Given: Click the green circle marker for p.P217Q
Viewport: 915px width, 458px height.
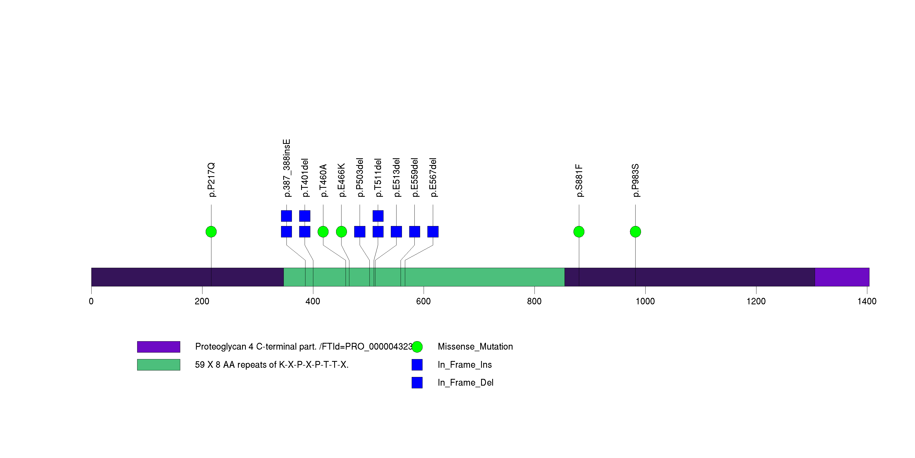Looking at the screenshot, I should [211, 232].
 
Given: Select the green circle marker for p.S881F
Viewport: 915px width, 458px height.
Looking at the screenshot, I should [579, 232].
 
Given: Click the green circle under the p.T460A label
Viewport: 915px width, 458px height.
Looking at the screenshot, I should [323, 232].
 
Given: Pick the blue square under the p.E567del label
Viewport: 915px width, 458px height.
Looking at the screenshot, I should [433, 232].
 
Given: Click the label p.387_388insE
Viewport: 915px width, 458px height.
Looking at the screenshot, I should [287, 168].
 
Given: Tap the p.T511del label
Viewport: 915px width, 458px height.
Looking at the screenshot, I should [378, 178].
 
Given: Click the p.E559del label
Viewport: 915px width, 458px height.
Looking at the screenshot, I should [414, 178].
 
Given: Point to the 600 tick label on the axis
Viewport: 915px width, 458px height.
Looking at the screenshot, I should [423, 301].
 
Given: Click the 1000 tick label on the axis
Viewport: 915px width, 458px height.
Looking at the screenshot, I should [645, 301].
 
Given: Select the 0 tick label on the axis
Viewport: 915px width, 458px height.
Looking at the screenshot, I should [91, 301].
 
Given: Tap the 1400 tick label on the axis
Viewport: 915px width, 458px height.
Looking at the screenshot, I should [867, 301].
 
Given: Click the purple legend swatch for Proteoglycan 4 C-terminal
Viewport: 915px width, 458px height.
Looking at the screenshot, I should [159, 347].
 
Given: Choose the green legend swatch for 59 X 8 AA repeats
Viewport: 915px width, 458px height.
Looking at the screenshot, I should [159, 365].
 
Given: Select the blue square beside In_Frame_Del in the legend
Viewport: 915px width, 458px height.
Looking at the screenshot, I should [417, 382].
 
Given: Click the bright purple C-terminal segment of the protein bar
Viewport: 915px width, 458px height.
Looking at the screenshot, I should [842, 277].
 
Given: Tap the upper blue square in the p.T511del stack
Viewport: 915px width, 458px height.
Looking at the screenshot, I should [378, 216].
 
